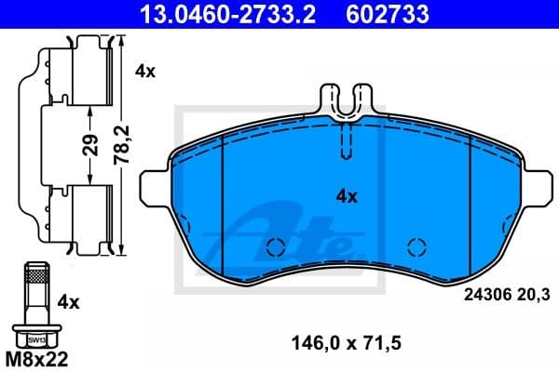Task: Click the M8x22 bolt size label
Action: click(x=36, y=355)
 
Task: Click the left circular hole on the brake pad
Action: click(x=275, y=247)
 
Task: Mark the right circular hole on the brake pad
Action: click(x=416, y=247)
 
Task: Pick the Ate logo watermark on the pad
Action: click(x=289, y=232)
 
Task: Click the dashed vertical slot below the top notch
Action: click(x=346, y=144)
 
